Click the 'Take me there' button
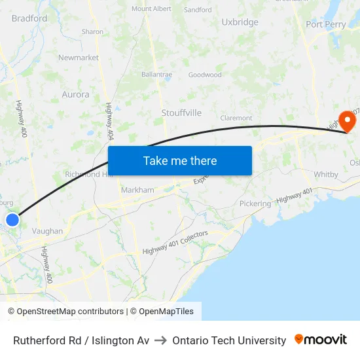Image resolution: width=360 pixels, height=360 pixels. pyautogui.click(x=180, y=160)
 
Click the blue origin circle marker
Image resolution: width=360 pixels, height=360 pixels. pyautogui.click(x=12, y=219)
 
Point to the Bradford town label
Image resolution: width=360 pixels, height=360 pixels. pyautogui.click(x=29, y=18)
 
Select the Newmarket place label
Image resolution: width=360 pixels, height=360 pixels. pyautogui.click(x=79, y=58)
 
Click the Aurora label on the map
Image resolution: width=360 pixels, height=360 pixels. pyautogui.click(x=75, y=94)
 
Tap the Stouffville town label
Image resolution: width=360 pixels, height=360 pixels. pyautogui.click(x=181, y=113)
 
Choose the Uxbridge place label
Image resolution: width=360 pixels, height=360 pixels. pyautogui.click(x=240, y=22)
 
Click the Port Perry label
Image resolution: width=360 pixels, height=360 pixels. pyautogui.click(x=326, y=25)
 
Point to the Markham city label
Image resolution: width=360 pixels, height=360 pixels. pyautogui.click(x=137, y=190)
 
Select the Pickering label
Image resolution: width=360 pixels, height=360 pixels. pyautogui.click(x=255, y=204)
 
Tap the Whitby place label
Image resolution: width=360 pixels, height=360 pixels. pyautogui.click(x=326, y=175)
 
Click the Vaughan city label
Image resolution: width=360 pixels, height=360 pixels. pyautogui.click(x=48, y=231)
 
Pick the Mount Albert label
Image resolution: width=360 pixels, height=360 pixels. pyautogui.click(x=151, y=9)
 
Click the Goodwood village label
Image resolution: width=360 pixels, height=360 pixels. pyautogui.click(x=205, y=75)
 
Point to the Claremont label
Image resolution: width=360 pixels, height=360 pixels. pyautogui.click(x=236, y=118)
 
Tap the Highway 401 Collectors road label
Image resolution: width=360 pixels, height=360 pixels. pyautogui.click(x=175, y=242)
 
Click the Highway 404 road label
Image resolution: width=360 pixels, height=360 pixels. pyautogui.click(x=109, y=121)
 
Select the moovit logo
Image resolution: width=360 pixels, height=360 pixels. pyautogui.click(x=321, y=340)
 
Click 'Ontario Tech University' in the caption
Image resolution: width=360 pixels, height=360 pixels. pyautogui.click(x=229, y=340)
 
